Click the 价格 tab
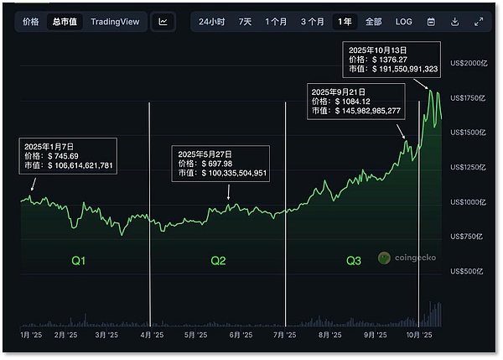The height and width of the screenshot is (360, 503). pos(31,21)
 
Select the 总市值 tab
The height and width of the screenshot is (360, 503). pos(64,21)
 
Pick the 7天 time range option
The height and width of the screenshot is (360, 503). pos(245,21)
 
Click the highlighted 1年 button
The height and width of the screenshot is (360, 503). pos(343,21)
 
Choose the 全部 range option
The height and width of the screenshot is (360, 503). pos(373,21)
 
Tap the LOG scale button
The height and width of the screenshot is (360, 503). pos(403,21)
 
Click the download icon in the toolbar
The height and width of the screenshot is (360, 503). pos(454,21)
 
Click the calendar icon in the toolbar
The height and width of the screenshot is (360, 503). pos(431,21)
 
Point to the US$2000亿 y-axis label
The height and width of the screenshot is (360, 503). pos(468,63)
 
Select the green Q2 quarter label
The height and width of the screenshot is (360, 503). pos(218,262)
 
